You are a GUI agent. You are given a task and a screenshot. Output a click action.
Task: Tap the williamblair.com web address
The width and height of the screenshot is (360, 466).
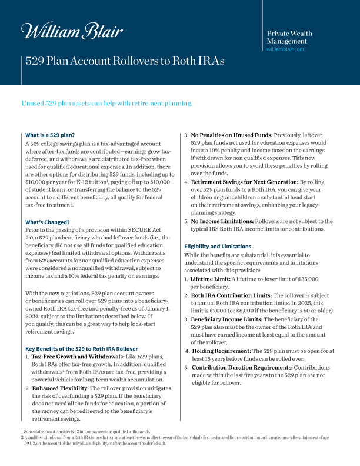tap(285, 49)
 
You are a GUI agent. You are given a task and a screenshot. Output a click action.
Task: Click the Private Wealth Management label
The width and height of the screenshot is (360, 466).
tap(289, 37)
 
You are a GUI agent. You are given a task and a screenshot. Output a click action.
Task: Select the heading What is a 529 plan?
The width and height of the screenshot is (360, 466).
tap(50, 135)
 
